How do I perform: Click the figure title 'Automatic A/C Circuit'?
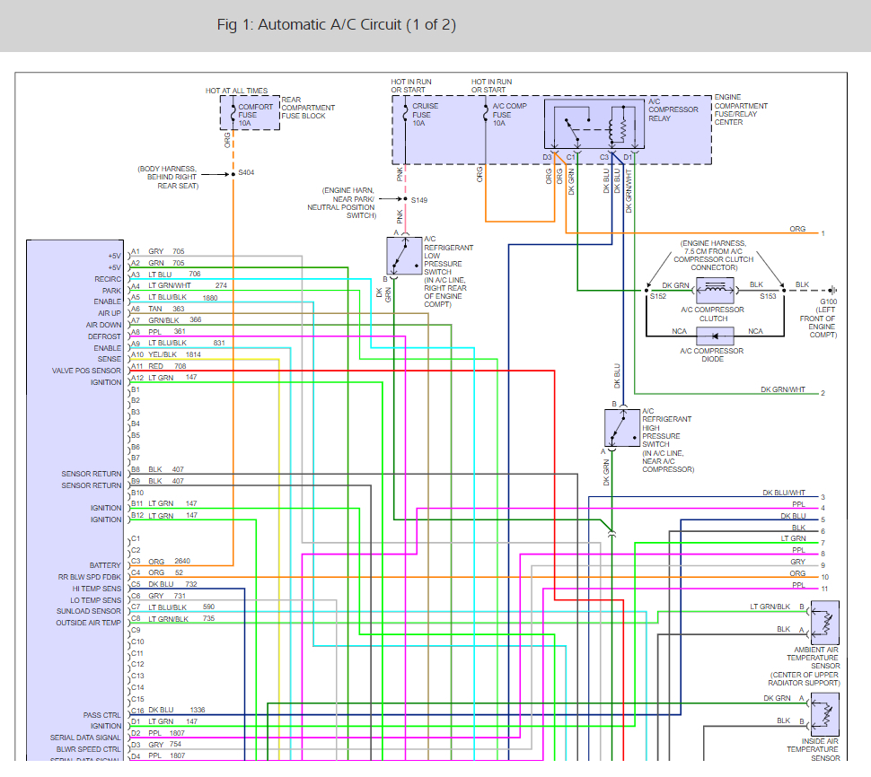click(330, 25)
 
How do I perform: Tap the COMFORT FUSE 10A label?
click(256, 115)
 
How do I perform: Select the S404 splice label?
click(246, 172)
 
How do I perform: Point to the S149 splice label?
click(419, 200)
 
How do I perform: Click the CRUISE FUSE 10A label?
click(425, 114)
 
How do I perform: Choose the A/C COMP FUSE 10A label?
click(509, 114)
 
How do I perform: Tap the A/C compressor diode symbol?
click(715, 336)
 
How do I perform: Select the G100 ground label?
click(828, 302)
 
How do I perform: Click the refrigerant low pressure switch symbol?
click(404, 256)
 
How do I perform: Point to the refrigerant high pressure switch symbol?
click(622, 427)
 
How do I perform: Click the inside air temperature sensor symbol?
click(825, 714)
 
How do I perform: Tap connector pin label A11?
click(136, 366)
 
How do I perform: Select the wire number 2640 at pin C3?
click(182, 561)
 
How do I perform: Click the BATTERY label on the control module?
click(105, 565)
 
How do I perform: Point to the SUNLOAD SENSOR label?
click(88, 611)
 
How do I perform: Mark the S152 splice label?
click(658, 296)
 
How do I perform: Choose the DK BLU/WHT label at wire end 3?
click(784, 493)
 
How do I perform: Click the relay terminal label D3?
click(547, 157)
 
